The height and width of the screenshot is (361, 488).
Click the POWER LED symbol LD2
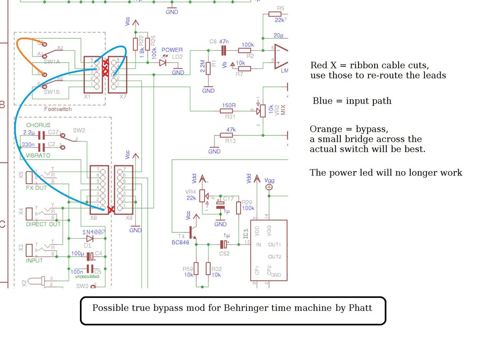[163, 63]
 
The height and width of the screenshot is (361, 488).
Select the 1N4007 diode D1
[89, 238]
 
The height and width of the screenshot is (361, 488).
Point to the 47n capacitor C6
[223, 51]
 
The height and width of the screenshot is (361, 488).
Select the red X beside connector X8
[112, 209]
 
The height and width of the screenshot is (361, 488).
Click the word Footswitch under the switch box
[58, 109]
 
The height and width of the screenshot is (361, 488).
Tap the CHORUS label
[38, 125]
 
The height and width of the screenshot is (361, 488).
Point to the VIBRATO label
[38, 155]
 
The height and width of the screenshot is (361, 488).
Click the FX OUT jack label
[36, 188]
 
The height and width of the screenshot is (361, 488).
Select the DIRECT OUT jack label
[43, 224]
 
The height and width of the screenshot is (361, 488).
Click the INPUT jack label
[34, 260]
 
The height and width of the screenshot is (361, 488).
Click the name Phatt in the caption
[360, 308]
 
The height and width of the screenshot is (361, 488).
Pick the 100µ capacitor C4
[90, 256]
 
